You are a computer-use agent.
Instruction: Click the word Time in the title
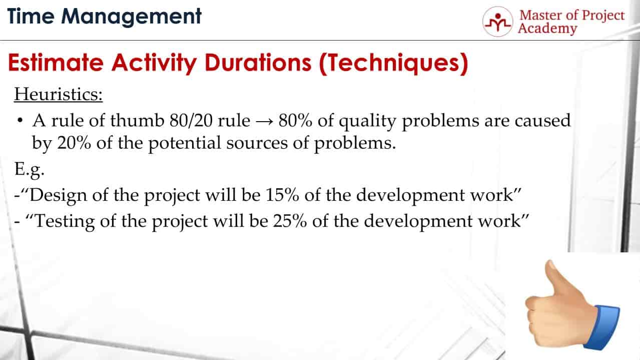coord(31,16)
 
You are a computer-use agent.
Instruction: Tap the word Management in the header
coord(132,18)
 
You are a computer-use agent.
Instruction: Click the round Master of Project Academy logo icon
coord(498,22)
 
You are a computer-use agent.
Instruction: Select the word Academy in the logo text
coord(547,29)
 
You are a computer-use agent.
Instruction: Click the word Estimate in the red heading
coord(56,63)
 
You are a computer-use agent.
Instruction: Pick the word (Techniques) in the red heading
coord(393,64)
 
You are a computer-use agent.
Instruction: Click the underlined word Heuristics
coord(58,94)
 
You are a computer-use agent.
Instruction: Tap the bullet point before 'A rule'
coord(20,121)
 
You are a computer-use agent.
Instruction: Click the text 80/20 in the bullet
coord(191,120)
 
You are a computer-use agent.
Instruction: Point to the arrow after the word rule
coord(264,122)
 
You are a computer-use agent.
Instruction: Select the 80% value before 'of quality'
coord(295,120)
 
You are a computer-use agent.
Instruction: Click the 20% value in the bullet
coord(74,143)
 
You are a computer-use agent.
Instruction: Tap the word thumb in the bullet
coord(137,120)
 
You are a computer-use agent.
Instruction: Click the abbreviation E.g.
coord(30,170)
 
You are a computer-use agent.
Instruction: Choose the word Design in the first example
coord(58,196)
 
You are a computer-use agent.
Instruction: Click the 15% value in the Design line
coord(282,195)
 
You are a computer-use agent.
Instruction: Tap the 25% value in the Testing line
coord(290,221)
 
